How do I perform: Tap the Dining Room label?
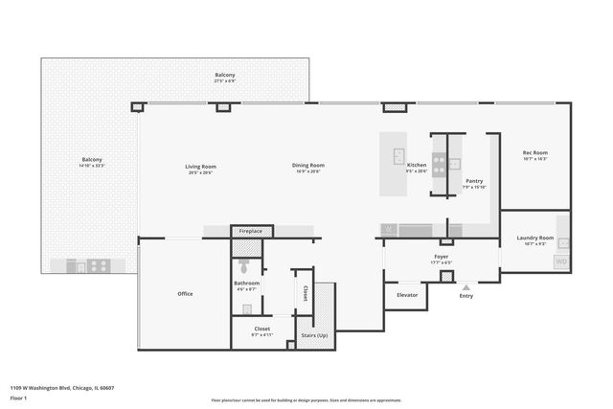coord(308,166)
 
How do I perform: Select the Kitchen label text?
coord(417,166)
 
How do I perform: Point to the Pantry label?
coord(474,180)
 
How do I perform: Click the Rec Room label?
coord(534,153)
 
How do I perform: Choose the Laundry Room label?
coord(534,238)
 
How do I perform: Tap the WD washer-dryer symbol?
coord(561,261)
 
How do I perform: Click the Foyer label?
coord(442,257)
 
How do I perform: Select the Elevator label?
coord(408,295)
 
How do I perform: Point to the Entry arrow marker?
coord(466,286)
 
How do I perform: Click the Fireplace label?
coord(252,232)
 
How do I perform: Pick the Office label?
coord(185,294)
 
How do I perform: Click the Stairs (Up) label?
coord(315,335)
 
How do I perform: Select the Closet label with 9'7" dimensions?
coord(261,329)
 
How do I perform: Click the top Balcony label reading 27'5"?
coord(225,76)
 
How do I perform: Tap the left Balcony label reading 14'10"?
coord(92,160)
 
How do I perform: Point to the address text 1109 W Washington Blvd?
coord(62,388)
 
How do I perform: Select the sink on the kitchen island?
coord(398,157)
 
